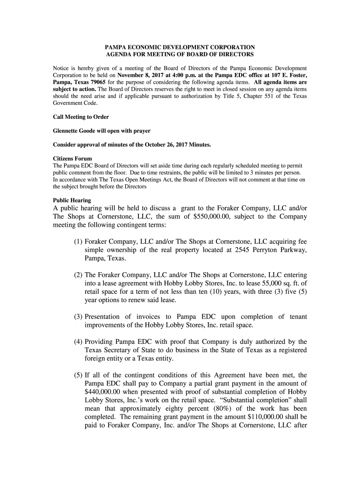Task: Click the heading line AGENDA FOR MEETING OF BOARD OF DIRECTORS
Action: click(x=180, y=55)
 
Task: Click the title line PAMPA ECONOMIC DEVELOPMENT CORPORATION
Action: click(x=180, y=47)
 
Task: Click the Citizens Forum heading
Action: click(x=72, y=159)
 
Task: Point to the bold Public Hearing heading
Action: click(x=72, y=200)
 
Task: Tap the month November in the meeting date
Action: click(x=133, y=75)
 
